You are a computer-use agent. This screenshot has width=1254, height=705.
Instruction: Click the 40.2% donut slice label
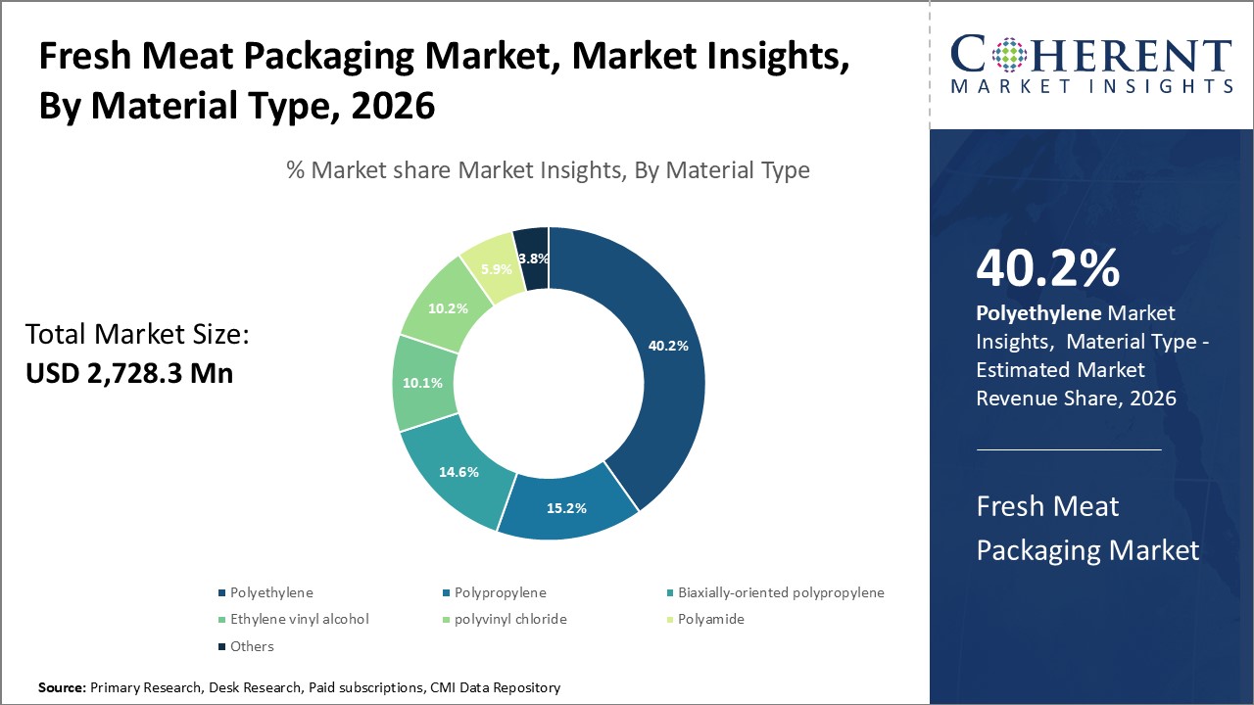[x=669, y=346]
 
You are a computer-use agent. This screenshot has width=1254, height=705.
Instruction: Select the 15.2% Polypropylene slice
[x=567, y=508]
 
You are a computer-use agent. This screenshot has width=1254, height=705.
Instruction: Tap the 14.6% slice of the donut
[x=458, y=472]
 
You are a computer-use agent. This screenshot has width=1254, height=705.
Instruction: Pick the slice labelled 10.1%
[x=422, y=383]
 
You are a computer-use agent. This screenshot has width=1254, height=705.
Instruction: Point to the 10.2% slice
[x=447, y=307]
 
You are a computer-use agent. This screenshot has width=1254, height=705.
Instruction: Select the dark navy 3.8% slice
[x=533, y=258]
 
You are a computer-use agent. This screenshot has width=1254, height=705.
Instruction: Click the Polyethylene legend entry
[x=271, y=592]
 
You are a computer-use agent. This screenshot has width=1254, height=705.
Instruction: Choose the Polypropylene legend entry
[x=500, y=592]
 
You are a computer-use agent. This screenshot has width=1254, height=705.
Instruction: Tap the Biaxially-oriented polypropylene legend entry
[x=781, y=592]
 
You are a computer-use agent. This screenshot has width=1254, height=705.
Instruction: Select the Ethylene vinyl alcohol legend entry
[x=299, y=619]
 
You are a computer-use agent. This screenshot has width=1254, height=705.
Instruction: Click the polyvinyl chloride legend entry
[x=509, y=619]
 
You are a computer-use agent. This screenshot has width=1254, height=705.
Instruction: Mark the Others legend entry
[x=252, y=646]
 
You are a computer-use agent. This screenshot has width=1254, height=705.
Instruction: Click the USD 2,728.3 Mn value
[x=128, y=373]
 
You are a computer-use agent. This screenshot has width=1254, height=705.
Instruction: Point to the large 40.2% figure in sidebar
[x=1048, y=269]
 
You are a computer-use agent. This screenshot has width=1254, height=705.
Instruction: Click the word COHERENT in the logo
[x=1091, y=55]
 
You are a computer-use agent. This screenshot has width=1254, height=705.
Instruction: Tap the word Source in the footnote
[x=62, y=688]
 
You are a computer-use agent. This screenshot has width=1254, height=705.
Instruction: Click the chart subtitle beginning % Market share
[x=548, y=170]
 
